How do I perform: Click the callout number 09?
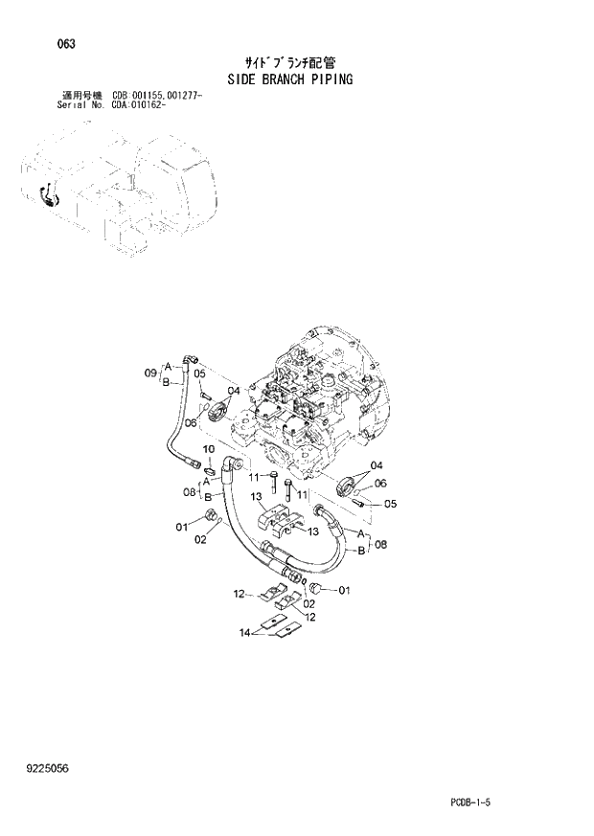point(149,373)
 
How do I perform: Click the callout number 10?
point(209,449)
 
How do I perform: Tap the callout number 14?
point(244,632)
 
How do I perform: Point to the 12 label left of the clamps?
point(240,596)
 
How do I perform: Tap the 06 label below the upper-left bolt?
point(191,422)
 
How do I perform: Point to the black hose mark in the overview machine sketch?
point(47,196)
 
